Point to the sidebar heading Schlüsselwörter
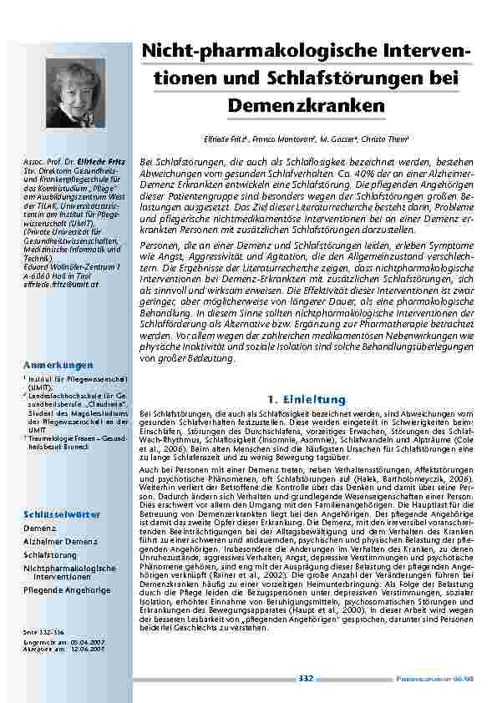[62, 514]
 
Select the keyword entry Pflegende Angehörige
[67, 589]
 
